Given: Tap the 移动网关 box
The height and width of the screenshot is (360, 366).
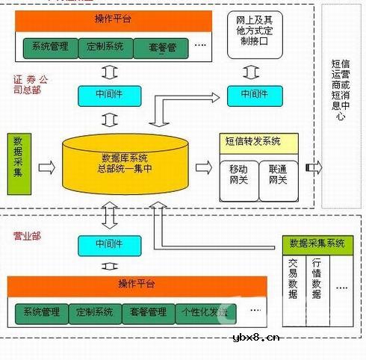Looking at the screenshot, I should pos(238,176).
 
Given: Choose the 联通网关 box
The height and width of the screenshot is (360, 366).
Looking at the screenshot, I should pos(277,176).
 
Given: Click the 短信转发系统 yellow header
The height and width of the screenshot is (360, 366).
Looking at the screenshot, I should pos(258,140).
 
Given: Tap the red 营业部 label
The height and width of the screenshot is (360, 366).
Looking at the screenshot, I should pos(27,237).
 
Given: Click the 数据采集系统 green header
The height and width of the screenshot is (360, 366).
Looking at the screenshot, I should pos(317,243).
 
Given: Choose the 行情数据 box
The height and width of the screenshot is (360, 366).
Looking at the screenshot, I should pos(317,279).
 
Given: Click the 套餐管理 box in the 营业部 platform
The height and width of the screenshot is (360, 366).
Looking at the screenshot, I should pos(147,311).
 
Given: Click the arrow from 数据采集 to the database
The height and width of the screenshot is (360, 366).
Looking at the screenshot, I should pos(46,169).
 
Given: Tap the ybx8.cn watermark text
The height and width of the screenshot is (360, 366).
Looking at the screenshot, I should pos(257,338).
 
